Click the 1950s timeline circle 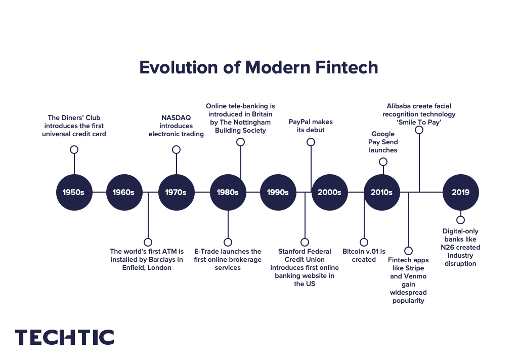point(74,192)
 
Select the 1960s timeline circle point(124,192)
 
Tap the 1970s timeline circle point(177,192)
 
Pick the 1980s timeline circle point(228,192)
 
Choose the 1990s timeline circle point(278,192)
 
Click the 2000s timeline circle point(329,192)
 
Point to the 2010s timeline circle point(381,192)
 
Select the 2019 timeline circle point(460,192)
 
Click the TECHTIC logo point(65,337)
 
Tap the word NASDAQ point(176,117)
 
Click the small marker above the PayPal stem point(311,142)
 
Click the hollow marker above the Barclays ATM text point(148,242)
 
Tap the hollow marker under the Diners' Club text point(74,149)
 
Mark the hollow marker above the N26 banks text point(460,220)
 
